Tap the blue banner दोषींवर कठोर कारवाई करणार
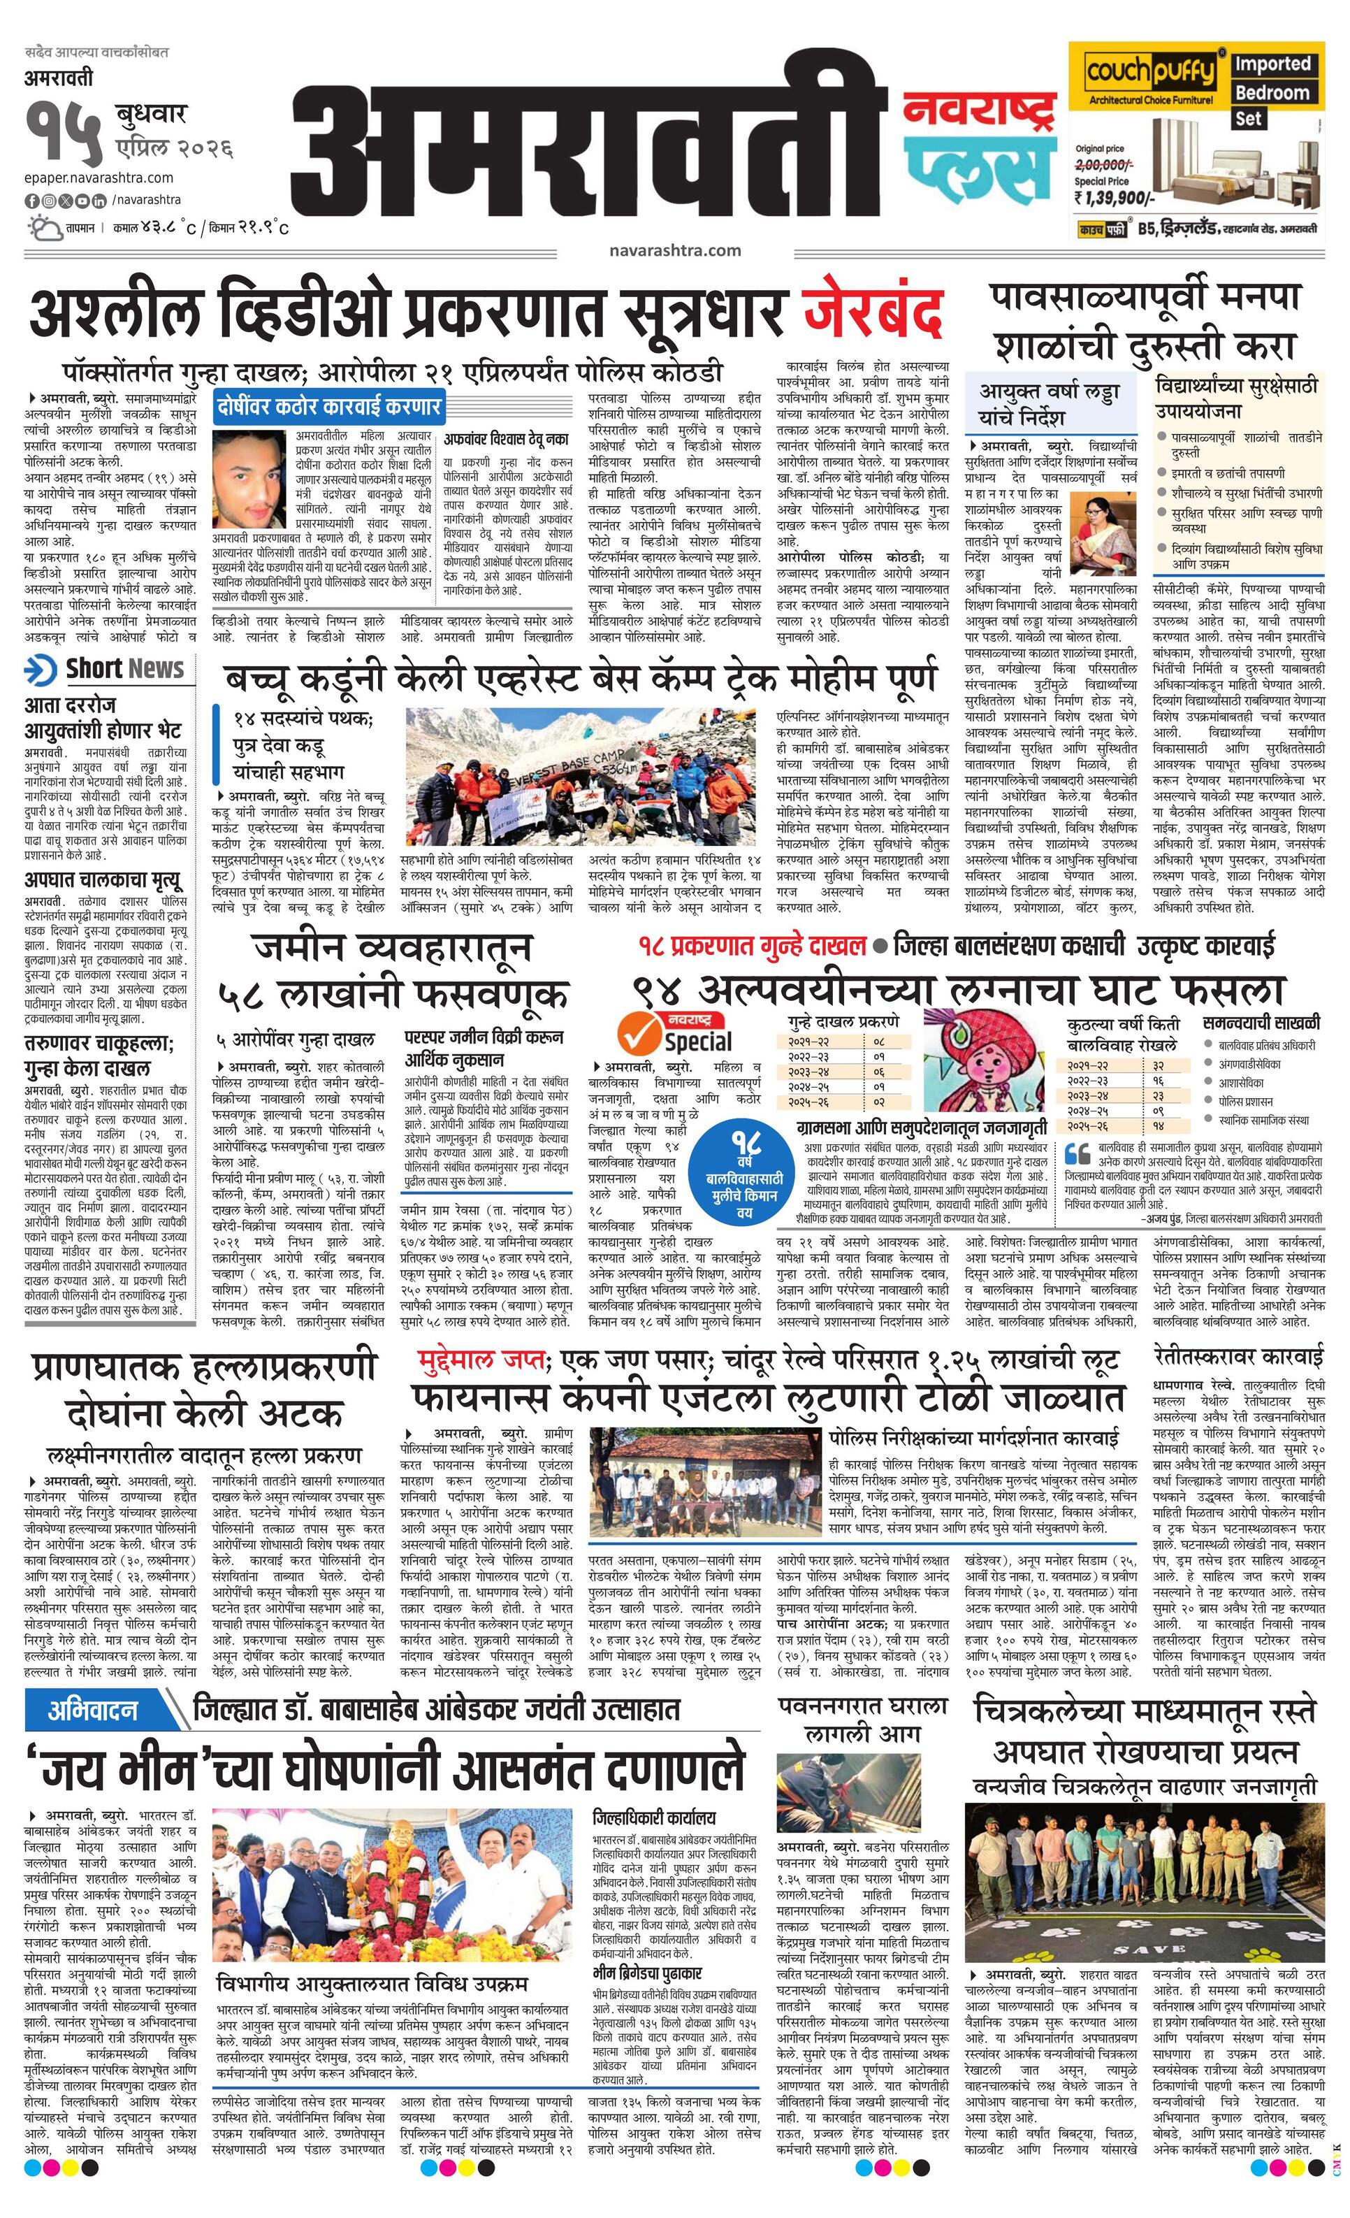coord(328,406)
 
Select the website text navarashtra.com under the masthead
coord(674,250)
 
